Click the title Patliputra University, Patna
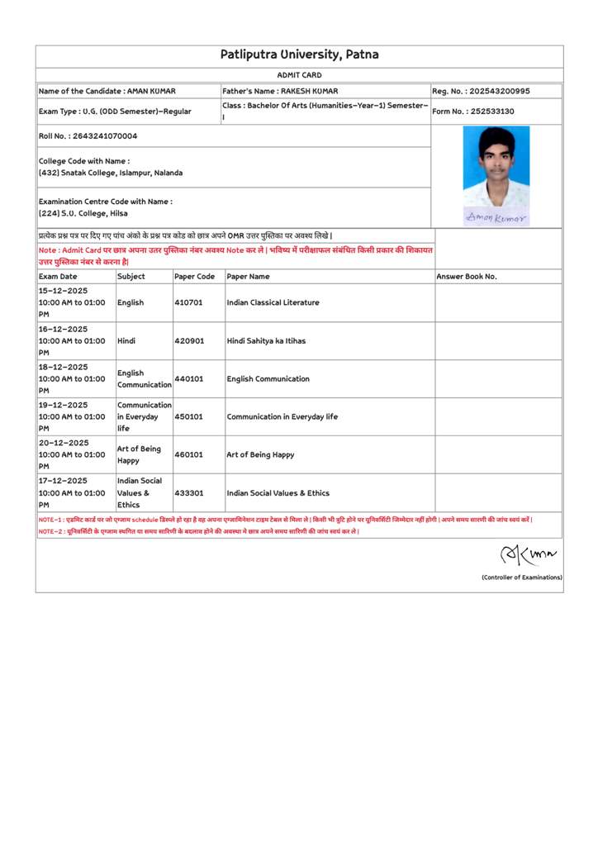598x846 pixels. (x=299, y=55)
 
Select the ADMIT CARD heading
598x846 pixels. (x=299, y=75)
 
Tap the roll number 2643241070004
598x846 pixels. (x=105, y=135)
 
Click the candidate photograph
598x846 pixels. (x=496, y=167)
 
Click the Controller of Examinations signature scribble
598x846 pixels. (x=528, y=554)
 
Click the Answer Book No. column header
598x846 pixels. (x=467, y=277)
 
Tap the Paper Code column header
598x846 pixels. (x=195, y=277)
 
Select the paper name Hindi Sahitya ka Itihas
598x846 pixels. (x=268, y=340)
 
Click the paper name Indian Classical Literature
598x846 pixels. (x=273, y=302)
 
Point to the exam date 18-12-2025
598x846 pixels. (x=63, y=367)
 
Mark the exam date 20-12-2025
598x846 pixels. (x=63, y=443)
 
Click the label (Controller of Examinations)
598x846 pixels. (x=521, y=577)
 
